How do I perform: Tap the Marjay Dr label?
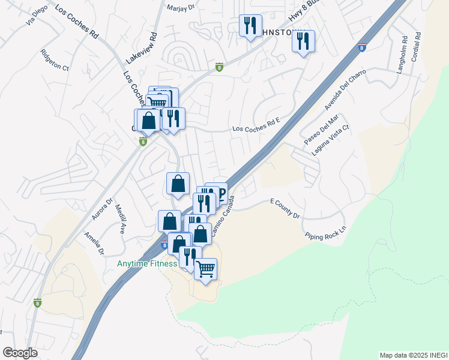(x=182, y=8)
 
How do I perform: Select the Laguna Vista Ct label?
(x=330, y=140)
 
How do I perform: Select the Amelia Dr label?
(x=94, y=242)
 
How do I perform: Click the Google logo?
(x=20, y=352)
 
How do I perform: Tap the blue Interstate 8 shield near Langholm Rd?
(x=361, y=47)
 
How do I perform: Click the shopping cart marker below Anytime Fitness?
(x=205, y=269)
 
